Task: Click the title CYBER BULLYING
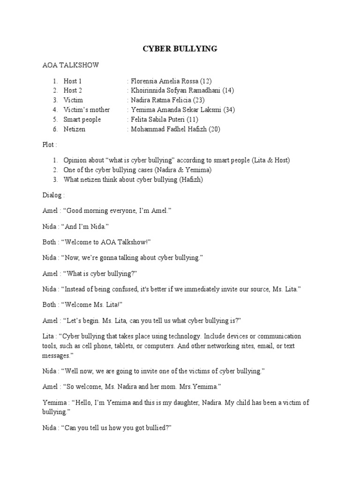coord(180,49)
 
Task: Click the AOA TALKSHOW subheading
coord(71,65)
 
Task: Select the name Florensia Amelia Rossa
coord(165,81)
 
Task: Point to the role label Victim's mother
coord(87,110)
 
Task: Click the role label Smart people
coord(82,119)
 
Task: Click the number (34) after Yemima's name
coord(228,110)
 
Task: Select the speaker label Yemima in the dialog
coord(53,403)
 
